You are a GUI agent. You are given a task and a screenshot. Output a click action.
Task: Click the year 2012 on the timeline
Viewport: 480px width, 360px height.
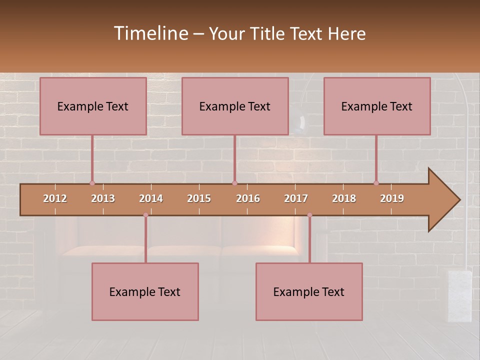point(55,198)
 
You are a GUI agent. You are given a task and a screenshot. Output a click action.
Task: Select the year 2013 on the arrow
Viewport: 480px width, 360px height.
point(103,198)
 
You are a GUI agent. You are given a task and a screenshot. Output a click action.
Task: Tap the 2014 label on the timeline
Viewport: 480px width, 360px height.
point(151,198)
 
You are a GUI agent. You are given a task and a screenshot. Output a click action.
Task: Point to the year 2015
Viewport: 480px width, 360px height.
point(199,198)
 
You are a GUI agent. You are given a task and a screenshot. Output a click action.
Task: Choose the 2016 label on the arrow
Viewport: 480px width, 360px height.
point(248,198)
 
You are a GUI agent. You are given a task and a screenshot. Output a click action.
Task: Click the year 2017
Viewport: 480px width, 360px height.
point(296,198)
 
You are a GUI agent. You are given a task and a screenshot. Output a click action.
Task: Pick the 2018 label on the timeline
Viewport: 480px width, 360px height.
point(344,198)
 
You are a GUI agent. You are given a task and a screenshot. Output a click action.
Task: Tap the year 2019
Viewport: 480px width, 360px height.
point(392,198)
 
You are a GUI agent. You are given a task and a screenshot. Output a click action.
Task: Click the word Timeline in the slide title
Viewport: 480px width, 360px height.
point(150,33)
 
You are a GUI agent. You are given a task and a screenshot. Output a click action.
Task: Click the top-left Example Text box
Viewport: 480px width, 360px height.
point(93,106)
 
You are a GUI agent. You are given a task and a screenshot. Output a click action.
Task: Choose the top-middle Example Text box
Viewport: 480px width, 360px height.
point(235,106)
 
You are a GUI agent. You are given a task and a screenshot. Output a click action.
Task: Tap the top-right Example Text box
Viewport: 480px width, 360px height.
point(377,106)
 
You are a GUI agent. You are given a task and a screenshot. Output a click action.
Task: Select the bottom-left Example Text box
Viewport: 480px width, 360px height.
point(145,291)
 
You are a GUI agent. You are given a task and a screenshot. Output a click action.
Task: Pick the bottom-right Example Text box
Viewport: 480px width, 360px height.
point(309,291)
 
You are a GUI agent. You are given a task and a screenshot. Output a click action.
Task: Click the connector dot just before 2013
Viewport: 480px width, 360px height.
point(92,183)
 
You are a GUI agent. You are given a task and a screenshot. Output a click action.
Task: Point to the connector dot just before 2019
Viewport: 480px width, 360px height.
point(376,183)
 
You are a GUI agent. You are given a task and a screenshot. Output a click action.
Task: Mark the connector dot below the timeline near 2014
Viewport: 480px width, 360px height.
point(145,215)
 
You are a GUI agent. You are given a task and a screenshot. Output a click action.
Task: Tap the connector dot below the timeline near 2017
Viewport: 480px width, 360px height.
point(309,215)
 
